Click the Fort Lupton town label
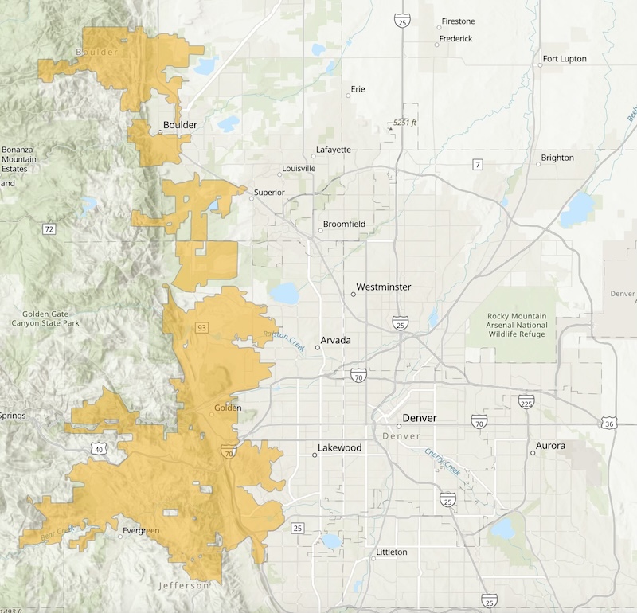coord(565,59)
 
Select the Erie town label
coord(358,89)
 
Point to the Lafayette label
coord(333,150)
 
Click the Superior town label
coord(268,192)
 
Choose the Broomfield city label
coord(344,225)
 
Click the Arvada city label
coord(335,341)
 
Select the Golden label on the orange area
coord(228,408)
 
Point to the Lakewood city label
coord(339,448)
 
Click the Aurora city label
coord(550,446)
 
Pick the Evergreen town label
coord(141,530)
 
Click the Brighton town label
coord(557,158)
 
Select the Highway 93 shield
coord(201,328)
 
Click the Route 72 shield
coord(49,229)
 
